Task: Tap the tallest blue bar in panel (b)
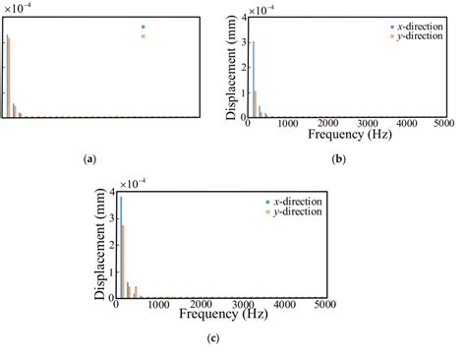[253, 79]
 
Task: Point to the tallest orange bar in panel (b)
[256, 103]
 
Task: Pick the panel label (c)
[213, 338]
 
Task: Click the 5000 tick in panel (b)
[443, 124]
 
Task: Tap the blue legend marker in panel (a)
[144, 27]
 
